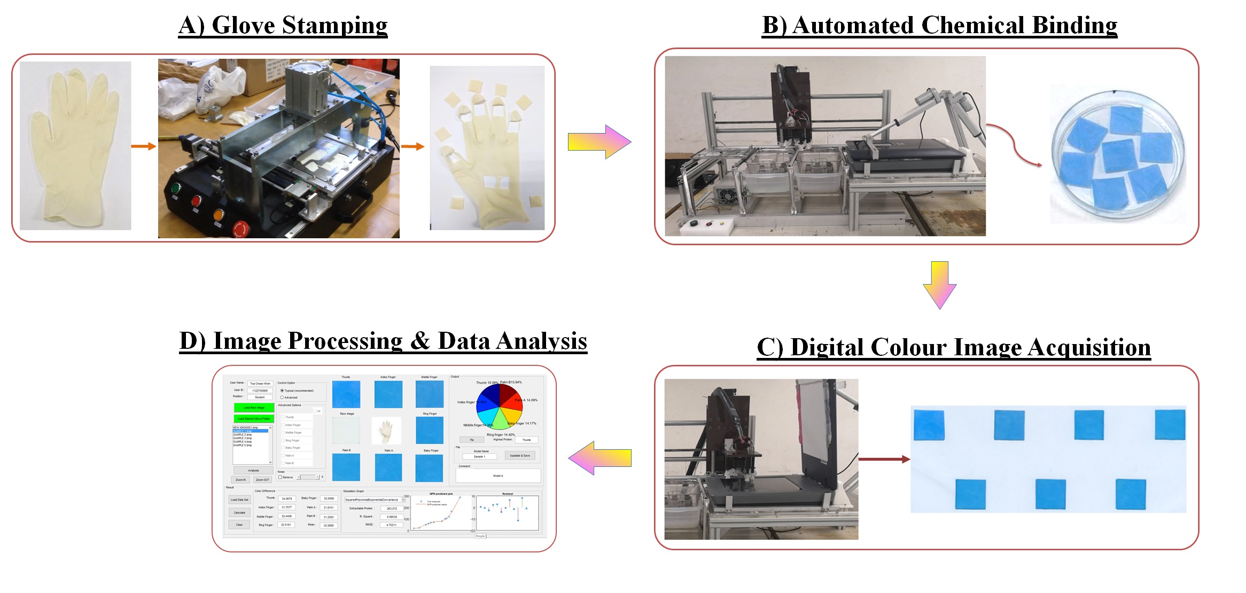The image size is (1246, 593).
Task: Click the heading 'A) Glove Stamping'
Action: pyautogui.click(x=283, y=26)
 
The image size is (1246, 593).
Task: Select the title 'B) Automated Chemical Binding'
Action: pyautogui.click(x=939, y=26)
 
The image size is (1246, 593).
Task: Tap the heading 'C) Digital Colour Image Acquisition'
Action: pyautogui.click(x=954, y=347)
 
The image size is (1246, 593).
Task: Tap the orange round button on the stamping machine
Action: pyautogui.click(x=218, y=215)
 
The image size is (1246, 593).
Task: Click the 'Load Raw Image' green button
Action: pyautogui.click(x=254, y=408)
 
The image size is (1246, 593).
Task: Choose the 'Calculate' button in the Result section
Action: pyautogui.click(x=239, y=512)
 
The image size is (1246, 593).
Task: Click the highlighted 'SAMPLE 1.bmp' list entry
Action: pyautogui.click(x=250, y=431)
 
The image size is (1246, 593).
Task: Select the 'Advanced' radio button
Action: pyautogui.click(x=282, y=397)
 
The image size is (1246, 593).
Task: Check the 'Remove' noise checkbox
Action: pyautogui.click(x=280, y=477)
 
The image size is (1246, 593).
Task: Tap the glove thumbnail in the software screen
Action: pyautogui.click(x=386, y=431)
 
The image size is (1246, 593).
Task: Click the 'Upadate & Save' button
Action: pyautogui.click(x=520, y=456)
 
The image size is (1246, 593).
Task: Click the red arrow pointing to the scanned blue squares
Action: pyautogui.click(x=884, y=459)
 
